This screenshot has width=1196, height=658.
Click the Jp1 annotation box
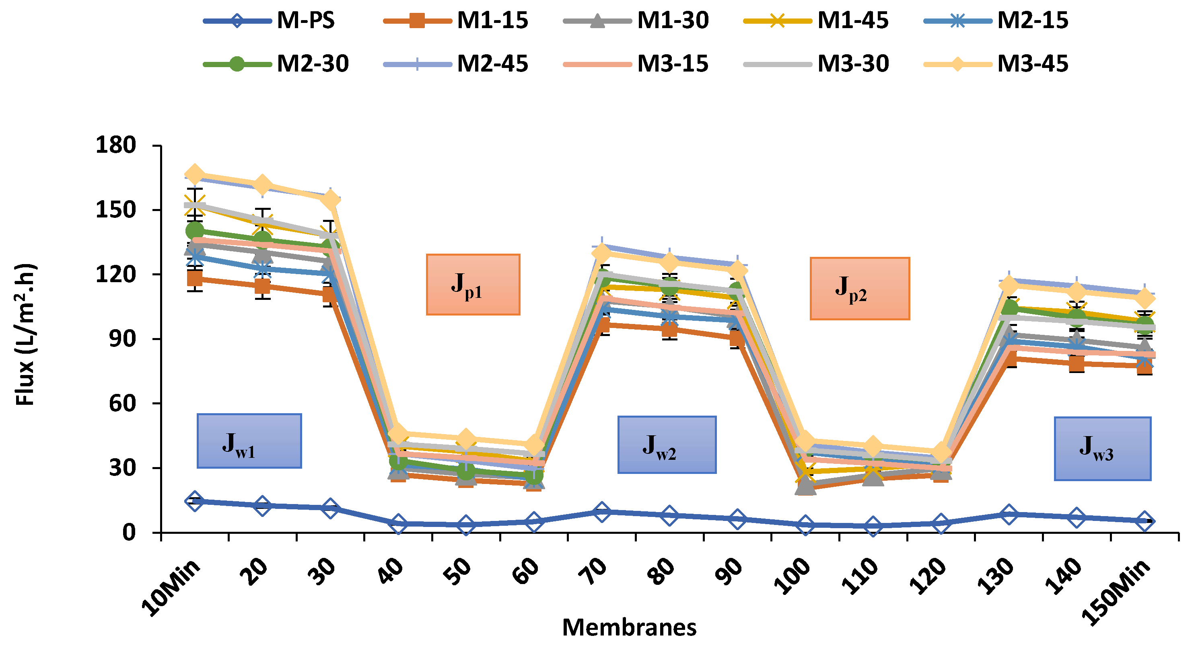pyautogui.click(x=473, y=285)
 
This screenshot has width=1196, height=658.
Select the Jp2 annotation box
pyautogui.click(x=859, y=288)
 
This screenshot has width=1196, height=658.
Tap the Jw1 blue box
pyautogui.click(x=249, y=441)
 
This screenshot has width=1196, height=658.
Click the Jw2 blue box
pyautogui.click(x=666, y=444)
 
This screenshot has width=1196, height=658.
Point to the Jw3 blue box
pyautogui.click(x=1102, y=448)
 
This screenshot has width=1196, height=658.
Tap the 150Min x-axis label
pyautogui.click(x=1117, y=591)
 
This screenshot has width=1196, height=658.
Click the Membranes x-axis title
pyautogui.click(x=629, y=627)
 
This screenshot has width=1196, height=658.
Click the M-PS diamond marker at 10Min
pyautogui.click(x=195, y=501)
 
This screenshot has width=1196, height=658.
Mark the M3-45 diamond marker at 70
pyautogui.click(x=602, y=252)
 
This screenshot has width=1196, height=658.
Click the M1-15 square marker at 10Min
pyautogui.click(x=195, y=279)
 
